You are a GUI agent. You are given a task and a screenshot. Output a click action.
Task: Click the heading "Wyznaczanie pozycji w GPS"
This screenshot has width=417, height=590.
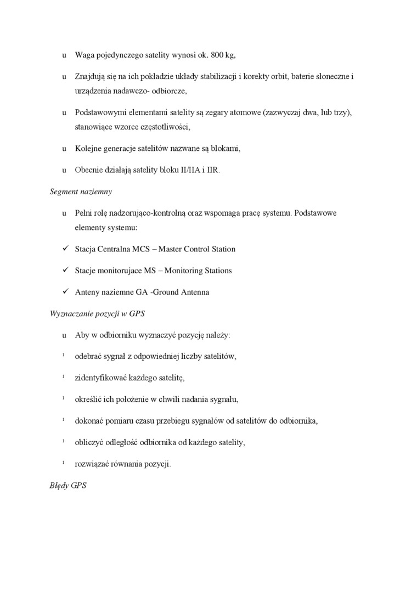pos(97,313)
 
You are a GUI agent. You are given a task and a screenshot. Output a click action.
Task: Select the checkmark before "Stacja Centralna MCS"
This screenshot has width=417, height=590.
pos(64,249)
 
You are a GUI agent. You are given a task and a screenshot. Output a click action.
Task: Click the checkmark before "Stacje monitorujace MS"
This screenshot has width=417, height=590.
pos(64,270)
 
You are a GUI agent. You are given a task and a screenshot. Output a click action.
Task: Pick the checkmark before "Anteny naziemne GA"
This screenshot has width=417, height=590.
pos(64,292)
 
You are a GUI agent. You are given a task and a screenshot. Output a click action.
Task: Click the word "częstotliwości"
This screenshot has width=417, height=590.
pos(165,127)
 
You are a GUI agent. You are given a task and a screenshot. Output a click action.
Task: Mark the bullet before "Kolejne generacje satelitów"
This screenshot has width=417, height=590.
pos(64,149)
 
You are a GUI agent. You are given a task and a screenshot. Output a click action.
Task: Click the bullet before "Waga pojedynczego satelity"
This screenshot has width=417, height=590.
pos(64,55)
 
